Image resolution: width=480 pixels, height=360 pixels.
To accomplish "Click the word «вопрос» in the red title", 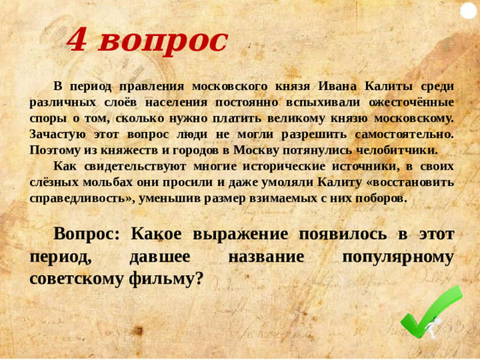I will [162, 40].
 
